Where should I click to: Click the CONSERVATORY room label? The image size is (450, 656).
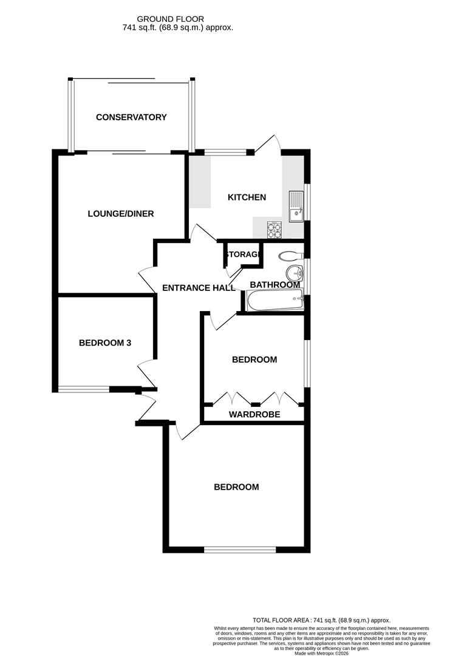(x=131, y=117)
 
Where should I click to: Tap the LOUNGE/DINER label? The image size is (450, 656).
(x=121, y=214)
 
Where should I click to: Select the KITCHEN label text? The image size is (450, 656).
(x=247, y=197)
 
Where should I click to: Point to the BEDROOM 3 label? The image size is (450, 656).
(x=105, y=343)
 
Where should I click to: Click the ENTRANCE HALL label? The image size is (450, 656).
(x=199, y=288)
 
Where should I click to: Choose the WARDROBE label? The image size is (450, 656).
(x=254, y=415)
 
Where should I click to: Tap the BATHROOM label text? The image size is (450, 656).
(x=275, y=285)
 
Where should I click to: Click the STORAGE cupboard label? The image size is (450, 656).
(x=243, y=255)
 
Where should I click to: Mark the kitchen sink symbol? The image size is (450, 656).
(x=296, y=205)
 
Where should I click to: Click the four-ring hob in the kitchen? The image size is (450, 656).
(x=274, y=230)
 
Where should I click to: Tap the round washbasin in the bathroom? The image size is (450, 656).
(x=295, y=272)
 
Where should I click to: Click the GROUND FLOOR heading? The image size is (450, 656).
(x=179, y=19)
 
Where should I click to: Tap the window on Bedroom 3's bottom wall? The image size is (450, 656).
(x=84, y=389)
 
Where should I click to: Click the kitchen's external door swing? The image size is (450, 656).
(x=268, y=144)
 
